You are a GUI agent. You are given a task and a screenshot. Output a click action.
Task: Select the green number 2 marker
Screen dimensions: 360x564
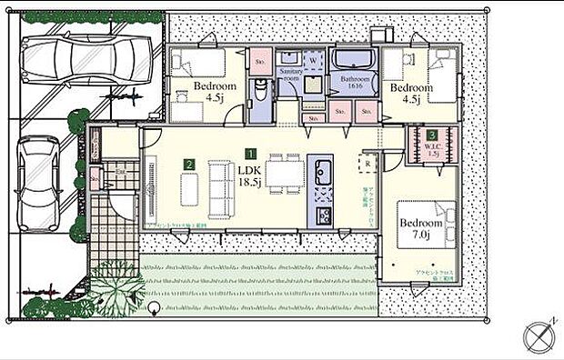pyautogui.click(x=188, y=165)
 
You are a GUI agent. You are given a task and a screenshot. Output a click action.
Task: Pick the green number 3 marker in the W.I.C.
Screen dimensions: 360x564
pyautogui.click(x=431, y=135)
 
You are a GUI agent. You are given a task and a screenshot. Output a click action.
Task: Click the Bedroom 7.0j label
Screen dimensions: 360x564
pyautogui.click(x=421, y=227)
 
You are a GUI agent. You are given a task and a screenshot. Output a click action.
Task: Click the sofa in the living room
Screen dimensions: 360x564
pyautogui.click(x=220, y=187)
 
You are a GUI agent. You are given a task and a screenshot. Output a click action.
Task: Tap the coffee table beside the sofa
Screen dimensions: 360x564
pyautogui.click(x=189, y=188)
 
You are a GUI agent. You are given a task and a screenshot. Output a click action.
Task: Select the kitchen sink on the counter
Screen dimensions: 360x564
pyautogui.click(x=323, y=170)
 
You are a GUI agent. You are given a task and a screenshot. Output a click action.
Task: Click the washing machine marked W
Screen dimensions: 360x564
pyautogui.click(x=313, y=59)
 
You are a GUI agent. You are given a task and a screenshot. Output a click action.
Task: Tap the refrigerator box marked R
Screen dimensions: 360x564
pyautogui.click(x=365, y=165)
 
